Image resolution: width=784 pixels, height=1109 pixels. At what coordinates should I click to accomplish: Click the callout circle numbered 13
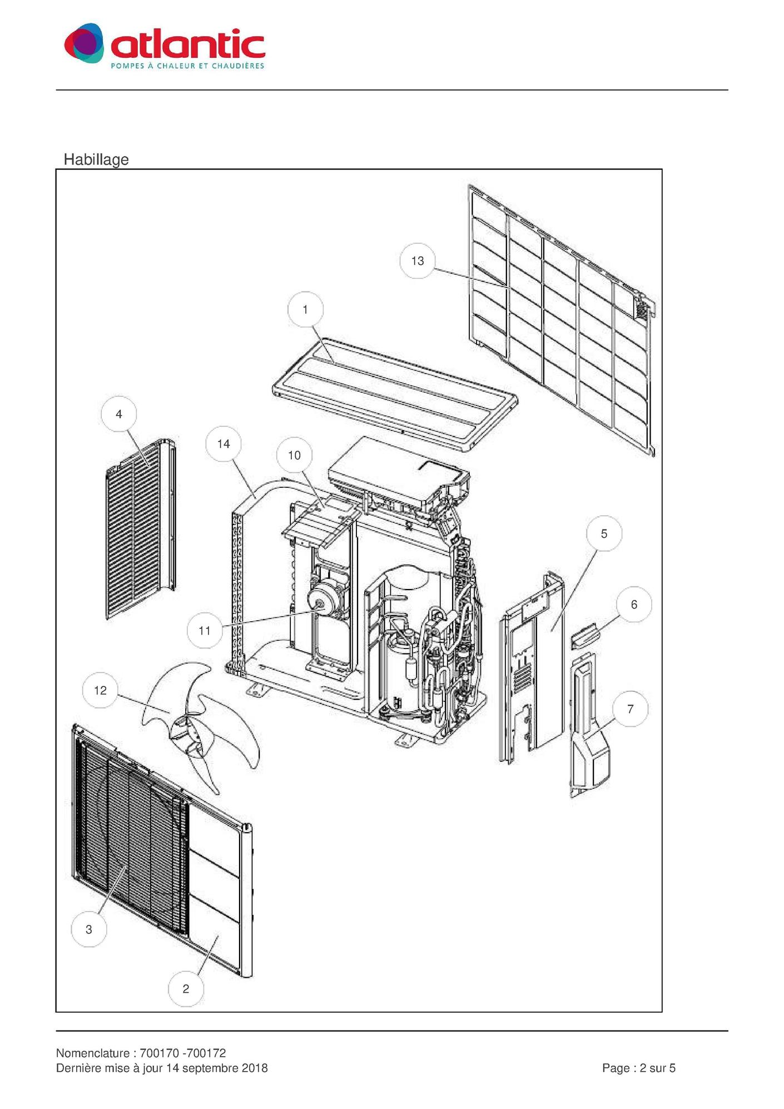click(x=418, y=261)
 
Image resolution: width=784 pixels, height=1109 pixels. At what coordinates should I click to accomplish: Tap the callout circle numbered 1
click(x=305, y=309)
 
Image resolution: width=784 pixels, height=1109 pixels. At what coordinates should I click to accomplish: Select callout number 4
click(x=119, y=414)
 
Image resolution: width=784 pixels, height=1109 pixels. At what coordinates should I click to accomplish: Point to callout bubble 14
click(x=224, y=444)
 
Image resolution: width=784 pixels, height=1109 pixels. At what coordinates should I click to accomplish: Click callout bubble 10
click(x=294, y=456)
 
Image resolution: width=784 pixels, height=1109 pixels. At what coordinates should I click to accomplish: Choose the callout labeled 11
click(x=205, y=631)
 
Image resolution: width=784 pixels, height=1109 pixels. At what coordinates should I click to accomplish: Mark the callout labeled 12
click(x=100, y=690)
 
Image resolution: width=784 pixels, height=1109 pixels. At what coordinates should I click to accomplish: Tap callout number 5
click(x=604, y=534)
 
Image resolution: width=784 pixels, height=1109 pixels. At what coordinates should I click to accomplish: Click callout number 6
click(x=634, y=605)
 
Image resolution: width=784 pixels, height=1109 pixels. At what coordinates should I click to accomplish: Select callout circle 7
click(x=631, y=709)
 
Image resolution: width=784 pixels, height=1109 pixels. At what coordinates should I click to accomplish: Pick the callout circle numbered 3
click(x=89, y=929)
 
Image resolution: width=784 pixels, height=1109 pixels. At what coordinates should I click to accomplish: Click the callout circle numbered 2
click(x=186, y=989)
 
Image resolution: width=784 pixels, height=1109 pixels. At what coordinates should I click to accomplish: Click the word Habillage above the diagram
click(x=96, y=160)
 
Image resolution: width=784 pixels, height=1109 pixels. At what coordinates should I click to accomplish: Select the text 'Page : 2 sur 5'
click(x=639, y=1068)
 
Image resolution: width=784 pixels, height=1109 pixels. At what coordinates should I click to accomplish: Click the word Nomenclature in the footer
click(x=93, y=1053)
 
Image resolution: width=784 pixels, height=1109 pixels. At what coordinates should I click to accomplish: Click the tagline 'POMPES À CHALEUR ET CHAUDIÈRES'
click(x=188, y=66)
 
